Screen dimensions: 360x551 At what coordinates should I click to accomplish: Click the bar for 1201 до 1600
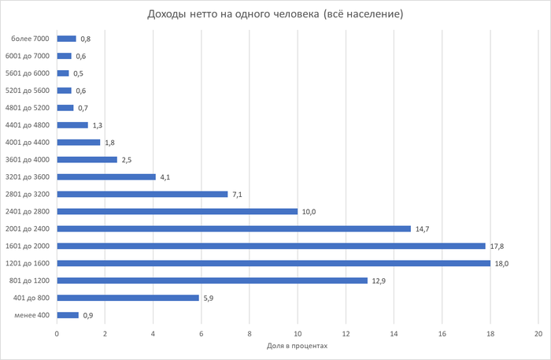click(273, 263)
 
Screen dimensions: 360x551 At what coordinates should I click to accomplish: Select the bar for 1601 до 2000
click(271, 246)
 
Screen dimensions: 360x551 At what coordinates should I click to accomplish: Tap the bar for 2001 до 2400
click(234, 228)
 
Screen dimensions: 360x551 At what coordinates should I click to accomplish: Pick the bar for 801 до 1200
click(212, 280)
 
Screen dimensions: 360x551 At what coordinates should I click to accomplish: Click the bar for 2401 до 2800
click(177, 211)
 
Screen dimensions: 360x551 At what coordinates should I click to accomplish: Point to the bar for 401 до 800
click(128, 298)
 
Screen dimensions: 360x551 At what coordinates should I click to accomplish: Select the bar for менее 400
click(68, 315)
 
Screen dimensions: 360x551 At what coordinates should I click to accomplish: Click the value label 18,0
click(501, 264)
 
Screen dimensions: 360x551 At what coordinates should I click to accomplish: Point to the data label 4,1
click(165, 177)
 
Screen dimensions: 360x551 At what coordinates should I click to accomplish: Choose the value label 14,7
click(422, 229)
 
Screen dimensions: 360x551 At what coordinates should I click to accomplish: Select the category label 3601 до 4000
click(27, 160)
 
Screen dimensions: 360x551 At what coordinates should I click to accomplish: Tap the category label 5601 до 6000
click(27, 73)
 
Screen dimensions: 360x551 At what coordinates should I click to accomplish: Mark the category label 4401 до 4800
click(27, 125)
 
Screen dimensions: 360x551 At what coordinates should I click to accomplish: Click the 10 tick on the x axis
click(298, 333)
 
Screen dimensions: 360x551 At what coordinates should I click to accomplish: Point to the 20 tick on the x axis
click(538, 333)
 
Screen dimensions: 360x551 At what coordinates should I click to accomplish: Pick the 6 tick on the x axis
click(202, 333)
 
